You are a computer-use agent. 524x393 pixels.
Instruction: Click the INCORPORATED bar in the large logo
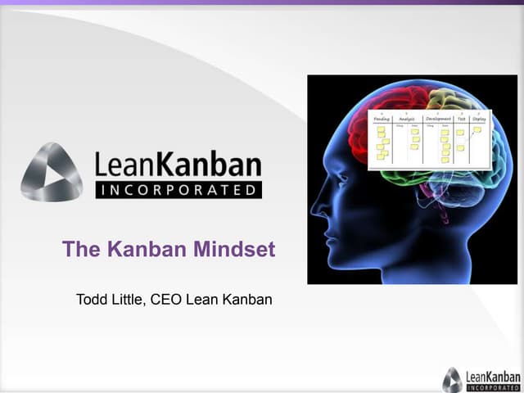(178, 190)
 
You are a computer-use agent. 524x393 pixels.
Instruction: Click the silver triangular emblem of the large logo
(52, 172)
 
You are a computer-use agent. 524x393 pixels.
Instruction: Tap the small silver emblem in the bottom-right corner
(452, 378)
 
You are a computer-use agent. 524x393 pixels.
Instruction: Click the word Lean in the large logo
(123, 165)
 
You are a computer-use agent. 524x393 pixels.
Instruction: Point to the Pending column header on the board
(382, 119)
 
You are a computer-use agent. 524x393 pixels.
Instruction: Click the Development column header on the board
(439, 119)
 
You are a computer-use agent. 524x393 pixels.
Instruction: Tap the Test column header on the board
(462, 119)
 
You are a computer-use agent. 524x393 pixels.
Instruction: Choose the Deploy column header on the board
(479, 119)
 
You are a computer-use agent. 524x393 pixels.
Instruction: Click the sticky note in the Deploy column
(477, 129)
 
